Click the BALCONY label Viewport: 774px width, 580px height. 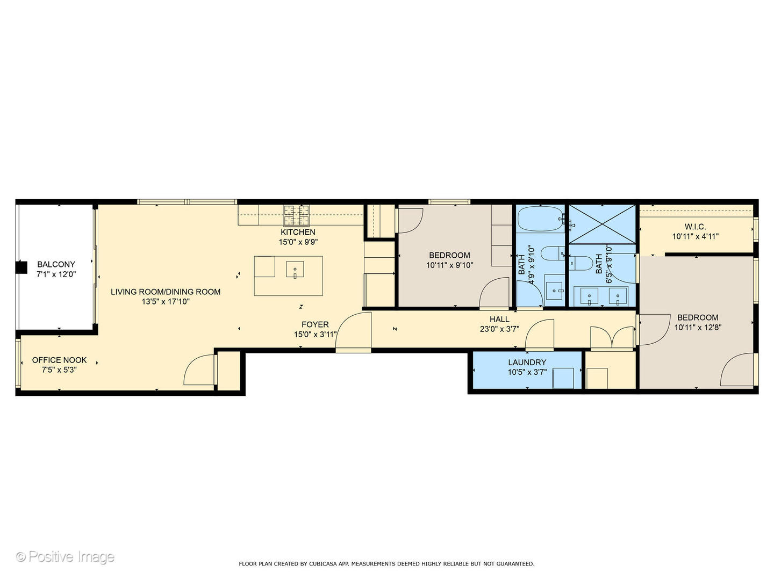coord(56,264)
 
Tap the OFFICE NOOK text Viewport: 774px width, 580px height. coord(59,360)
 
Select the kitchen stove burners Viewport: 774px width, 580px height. coord(297,215)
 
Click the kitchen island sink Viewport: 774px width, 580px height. coord(295,270)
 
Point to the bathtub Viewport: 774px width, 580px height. coord(541,219)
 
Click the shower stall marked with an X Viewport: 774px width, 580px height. coord(603,224)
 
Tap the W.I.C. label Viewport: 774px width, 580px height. coord(696,227)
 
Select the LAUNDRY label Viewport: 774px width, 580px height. coord(527,363)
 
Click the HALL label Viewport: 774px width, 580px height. coord(499,320)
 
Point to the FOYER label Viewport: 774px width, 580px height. coord(315,325)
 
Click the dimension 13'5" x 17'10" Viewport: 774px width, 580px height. coord(166,302)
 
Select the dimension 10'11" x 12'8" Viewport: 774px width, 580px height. coord(698,328)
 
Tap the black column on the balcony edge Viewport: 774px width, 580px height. coord(21,267)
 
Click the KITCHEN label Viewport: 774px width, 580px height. coord(298,233)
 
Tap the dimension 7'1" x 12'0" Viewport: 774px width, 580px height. coord(56,274)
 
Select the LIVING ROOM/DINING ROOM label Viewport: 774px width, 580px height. coord(166,292)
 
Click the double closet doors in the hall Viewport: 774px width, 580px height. coord(612,338)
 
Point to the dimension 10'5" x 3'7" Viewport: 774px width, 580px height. coord(527,372)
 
